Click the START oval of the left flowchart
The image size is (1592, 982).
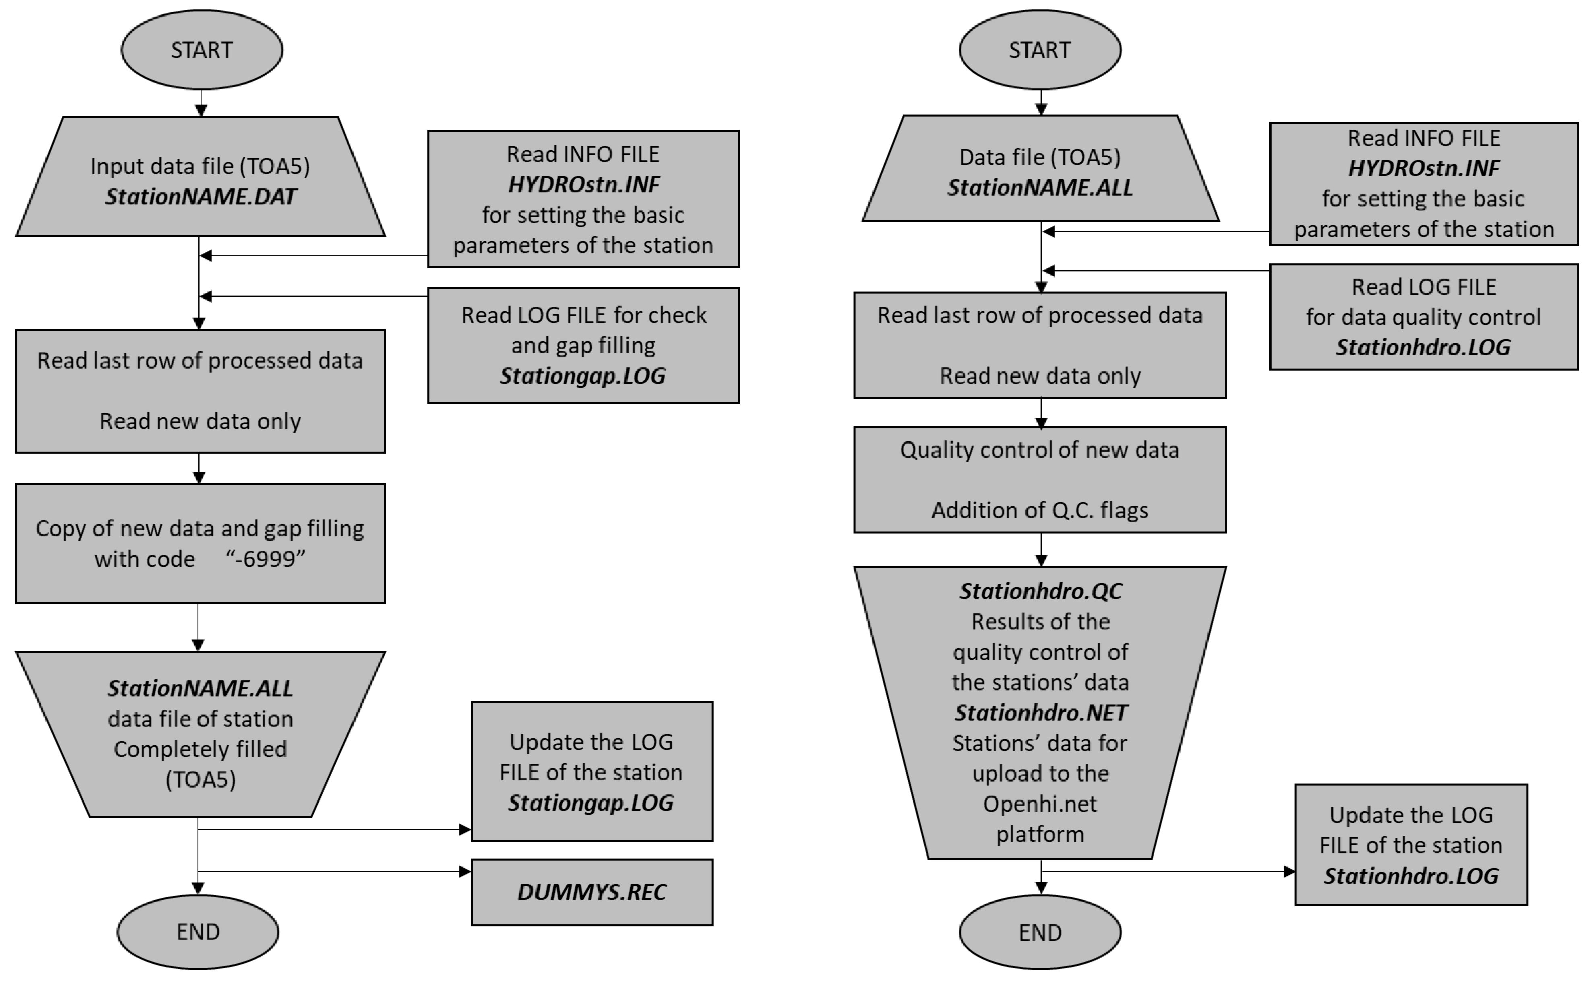(201, 50)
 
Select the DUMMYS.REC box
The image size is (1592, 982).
(591, 892)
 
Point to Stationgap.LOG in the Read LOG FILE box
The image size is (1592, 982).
(583, 376)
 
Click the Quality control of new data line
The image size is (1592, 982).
(1039, 450)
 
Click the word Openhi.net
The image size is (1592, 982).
(1039, 804)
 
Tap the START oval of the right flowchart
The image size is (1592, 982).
(1040, 50)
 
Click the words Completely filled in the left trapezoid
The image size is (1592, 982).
(200, 749)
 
